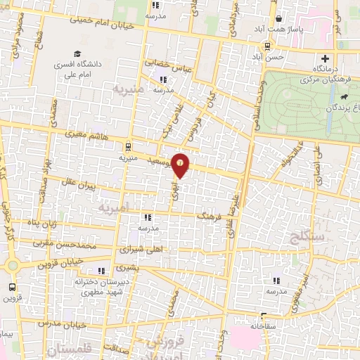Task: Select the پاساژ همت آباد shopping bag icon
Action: pos(279,19)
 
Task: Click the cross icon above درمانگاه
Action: pos(324,59)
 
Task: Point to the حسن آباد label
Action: pos(271,56)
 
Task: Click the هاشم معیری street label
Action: pos(84,131)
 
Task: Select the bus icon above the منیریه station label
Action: pos(127,147)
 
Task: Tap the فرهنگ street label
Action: pos(210,219)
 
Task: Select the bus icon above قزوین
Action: pos(12,287)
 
